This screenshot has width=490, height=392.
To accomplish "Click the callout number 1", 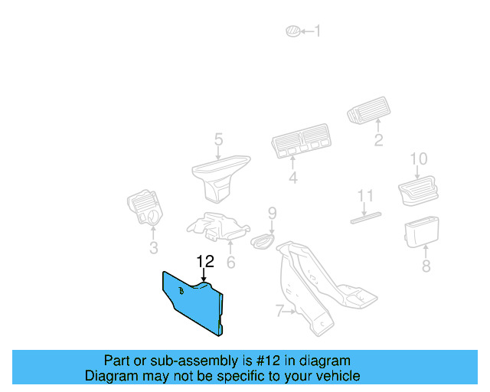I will click(x=318, y=31).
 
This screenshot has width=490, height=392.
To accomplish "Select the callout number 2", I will click(x=378, y=140).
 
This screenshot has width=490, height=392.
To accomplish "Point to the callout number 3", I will click(x=153, y=248).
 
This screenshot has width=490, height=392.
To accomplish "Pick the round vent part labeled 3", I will click(x=145, y=208).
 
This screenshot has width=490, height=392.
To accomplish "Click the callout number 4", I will click(x=292, y=179).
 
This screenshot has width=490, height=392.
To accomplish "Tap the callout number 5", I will click(x=218, y=139).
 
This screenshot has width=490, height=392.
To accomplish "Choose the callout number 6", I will click(x=230, y=263).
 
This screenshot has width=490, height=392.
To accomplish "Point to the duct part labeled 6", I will click(x=220, y=227).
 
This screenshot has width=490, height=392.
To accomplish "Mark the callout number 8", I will click(x=426, y=266).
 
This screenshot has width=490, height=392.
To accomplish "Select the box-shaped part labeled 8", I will click(x=421, y=231).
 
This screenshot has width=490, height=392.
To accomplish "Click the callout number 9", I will click(x=271, y=212).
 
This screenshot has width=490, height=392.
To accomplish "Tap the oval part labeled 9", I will click(x=263, y=240).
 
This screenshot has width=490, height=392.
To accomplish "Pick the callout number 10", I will click(x=418, y=159).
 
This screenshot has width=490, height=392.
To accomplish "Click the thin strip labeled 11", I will click(x=366, y=217).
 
